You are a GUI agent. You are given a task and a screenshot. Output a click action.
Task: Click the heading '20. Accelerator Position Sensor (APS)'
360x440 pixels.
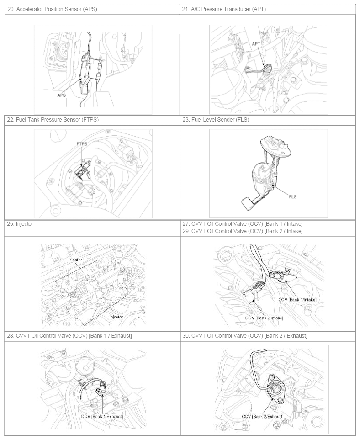click(x=52, y=9)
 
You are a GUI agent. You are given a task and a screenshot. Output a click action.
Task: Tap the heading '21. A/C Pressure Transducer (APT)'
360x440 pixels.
click(x=224, y=9)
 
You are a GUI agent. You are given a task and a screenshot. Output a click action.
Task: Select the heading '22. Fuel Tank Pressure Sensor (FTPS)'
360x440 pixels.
click(x=53, y=120)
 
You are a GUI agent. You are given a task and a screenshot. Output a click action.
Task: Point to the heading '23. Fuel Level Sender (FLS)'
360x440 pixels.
click(x=216, y=120)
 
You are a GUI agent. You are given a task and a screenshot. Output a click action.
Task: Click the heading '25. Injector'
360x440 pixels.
click(x=20, y=224)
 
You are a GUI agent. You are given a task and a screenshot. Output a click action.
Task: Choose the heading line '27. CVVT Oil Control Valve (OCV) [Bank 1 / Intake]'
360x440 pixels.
click(x=243, y=224)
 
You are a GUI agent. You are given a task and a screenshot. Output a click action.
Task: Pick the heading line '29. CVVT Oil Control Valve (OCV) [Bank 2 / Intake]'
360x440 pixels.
click(x=243, y=231)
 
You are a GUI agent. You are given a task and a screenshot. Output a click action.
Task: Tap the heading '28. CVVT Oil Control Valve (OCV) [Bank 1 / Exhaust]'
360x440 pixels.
click(x=69, y=336)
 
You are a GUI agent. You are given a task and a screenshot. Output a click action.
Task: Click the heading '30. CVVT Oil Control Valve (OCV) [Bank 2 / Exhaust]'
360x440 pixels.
click(x=245, y=336)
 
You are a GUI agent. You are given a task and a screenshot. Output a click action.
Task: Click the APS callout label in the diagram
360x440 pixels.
click(x=62, y=95)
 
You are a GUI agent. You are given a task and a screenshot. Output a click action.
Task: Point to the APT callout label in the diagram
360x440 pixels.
click(x=256, y=44)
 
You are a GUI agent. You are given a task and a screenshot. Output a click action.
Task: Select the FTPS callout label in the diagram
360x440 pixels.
click(x=82, y=143)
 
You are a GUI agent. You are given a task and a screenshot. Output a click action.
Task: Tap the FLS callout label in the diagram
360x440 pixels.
click(x=293, y=197)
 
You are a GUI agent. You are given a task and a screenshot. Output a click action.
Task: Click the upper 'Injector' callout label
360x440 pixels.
click(x=75, y=260)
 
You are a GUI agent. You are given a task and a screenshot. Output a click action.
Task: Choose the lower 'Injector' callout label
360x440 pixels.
click(x=116, y=317)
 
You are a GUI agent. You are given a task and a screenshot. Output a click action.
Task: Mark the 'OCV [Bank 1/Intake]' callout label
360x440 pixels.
click(x=297, y=300)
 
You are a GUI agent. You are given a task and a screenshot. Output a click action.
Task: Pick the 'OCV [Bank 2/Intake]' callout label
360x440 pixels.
click(x=264, y=318)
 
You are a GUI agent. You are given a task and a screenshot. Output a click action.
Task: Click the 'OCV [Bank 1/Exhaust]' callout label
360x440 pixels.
click(x=102, y=416)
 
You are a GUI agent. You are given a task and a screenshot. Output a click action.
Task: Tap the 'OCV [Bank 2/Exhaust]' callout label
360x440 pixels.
click(x=263, y=416)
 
